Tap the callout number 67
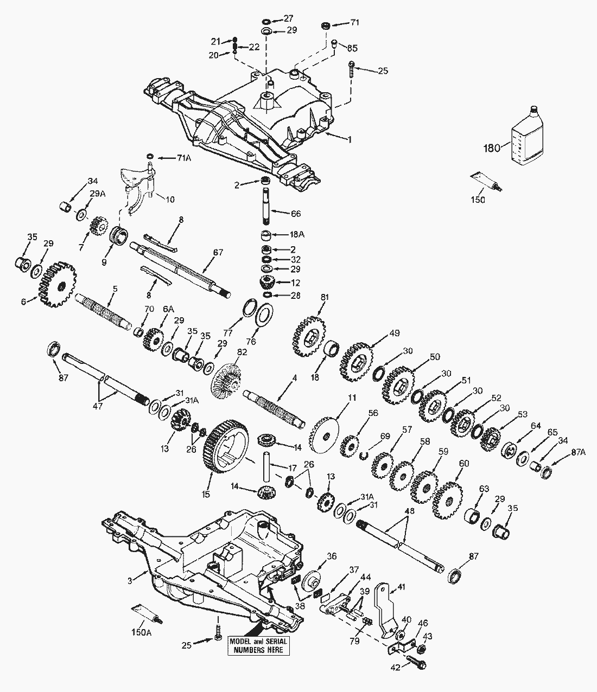click(x=218, y=252)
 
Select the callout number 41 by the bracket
click(x=402, y=587)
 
